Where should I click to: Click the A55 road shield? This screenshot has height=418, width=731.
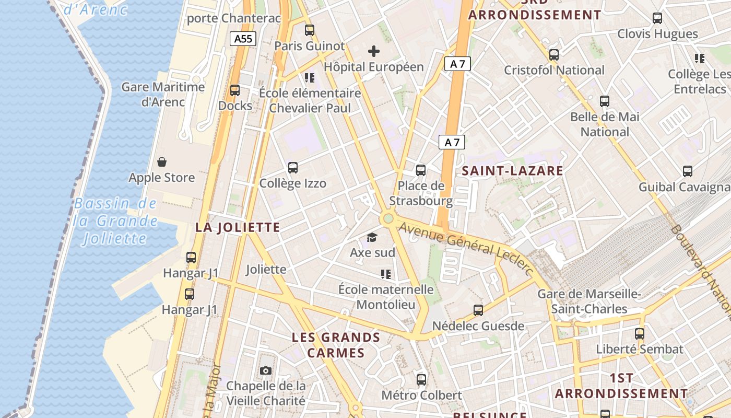pyautogui.click(x=243, y=38)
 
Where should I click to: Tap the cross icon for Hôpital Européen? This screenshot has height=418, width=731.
pyautogui.click(x=374, y=51)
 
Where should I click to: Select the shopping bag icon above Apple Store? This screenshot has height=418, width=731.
pyautogui.click(x=162, y=162)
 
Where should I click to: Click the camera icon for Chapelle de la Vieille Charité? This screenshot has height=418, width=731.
pyautogui.click(x=266, y=371)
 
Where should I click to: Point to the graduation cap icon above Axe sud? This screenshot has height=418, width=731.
pyautogui.click(x=372, y=238)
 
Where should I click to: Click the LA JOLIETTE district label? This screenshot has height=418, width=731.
pyautogui.click(x=238, y=227)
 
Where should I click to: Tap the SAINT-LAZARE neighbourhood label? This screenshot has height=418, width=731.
pyautogui.click(x=512, y=171)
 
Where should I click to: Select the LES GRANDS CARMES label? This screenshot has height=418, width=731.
pyautogui.click(x=336, y=345)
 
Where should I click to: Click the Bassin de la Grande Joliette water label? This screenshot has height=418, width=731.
pyautogui.click(x=115, y=221)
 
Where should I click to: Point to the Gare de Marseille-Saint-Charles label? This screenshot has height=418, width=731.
pyautogui.click(x=589, y=301)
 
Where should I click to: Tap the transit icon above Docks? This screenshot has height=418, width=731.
pyautogui.click(x=235, y=90)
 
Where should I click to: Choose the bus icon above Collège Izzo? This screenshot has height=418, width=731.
pyautogui.click(x=293, y=168)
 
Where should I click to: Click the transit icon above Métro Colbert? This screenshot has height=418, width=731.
pyautogui.click(x=421, y=379)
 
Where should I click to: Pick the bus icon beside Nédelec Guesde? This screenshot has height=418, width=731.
pyautogui.click(x=478, y=310)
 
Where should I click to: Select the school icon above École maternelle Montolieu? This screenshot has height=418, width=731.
pyautogui.click(x=386, y=274)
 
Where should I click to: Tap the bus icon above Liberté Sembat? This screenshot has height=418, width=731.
pyautogui.click(x=640, y=333)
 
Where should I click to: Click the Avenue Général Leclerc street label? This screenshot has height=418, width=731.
pyautogui.click(x=466, y=249)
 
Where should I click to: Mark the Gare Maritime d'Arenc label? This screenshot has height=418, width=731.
pyautogui.click(x=163, y=94)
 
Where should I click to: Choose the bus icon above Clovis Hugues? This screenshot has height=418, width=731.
pyautogui.click(x=657, y=18)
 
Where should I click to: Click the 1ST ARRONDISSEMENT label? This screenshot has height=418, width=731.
pyautogui.click(x=621, y=386)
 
